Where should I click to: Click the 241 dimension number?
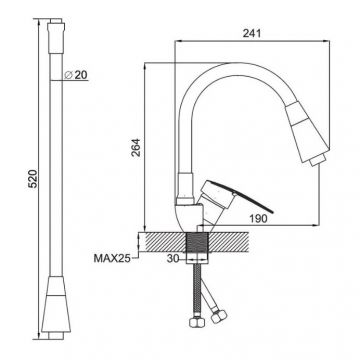click(252, 33)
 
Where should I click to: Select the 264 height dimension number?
click(136, 147)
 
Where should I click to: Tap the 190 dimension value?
click(258, 219)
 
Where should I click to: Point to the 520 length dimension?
click(33, 179)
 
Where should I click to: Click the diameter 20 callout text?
click(76, 75)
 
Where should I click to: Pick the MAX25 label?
click(112, 258)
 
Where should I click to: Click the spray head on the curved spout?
click(307, 132)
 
